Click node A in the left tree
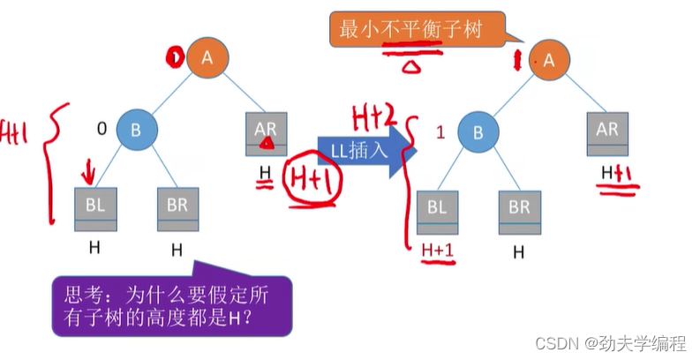click(207, 58)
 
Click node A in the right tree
click(549, 60)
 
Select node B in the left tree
click(136, 130)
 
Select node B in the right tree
click(478, 134)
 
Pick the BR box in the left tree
click(177, 207)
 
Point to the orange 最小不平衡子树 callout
click(418, 29)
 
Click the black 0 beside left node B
click(102, 129)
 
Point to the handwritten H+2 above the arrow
click(373, 113)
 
